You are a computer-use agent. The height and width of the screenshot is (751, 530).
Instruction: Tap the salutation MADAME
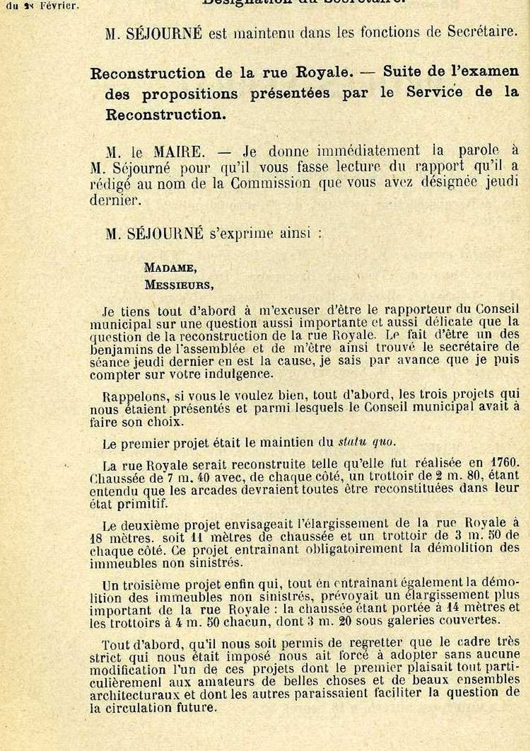(170, 268)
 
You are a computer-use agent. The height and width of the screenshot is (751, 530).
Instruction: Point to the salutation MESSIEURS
(179, 285)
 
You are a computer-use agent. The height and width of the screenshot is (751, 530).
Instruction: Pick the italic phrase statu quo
(365, 442)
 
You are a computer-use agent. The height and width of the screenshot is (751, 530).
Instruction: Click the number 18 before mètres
(98, 537)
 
